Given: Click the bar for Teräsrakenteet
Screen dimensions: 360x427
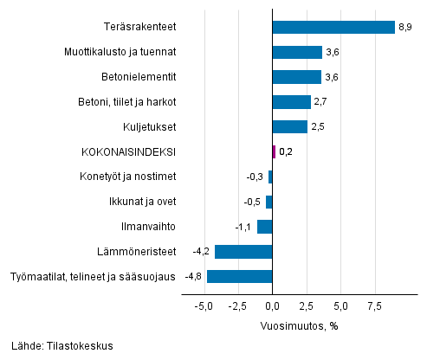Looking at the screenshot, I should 333,28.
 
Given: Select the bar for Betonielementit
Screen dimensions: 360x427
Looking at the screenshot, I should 297,77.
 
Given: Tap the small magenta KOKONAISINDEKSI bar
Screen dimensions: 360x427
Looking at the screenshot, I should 274,152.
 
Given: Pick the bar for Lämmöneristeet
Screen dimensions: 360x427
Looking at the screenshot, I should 243,252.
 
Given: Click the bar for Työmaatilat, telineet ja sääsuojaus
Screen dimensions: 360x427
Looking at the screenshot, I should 240,277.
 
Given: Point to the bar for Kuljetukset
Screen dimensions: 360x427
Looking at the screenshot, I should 289,127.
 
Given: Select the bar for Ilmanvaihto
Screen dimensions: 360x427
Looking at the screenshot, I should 265,227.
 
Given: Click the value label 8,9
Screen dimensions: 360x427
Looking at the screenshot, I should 405,28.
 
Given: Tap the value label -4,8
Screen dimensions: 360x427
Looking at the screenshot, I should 193,277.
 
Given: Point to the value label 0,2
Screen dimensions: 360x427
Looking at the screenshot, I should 287,152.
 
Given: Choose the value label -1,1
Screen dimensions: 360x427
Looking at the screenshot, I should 244,227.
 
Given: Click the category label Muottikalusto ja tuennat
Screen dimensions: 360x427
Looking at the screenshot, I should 120,53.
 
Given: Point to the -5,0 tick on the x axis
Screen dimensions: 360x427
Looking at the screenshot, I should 204,306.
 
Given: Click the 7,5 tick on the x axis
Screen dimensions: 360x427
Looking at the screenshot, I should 374,306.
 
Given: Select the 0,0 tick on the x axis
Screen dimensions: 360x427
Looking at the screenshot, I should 272,306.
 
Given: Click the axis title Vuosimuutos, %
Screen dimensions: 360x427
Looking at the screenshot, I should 299,326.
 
